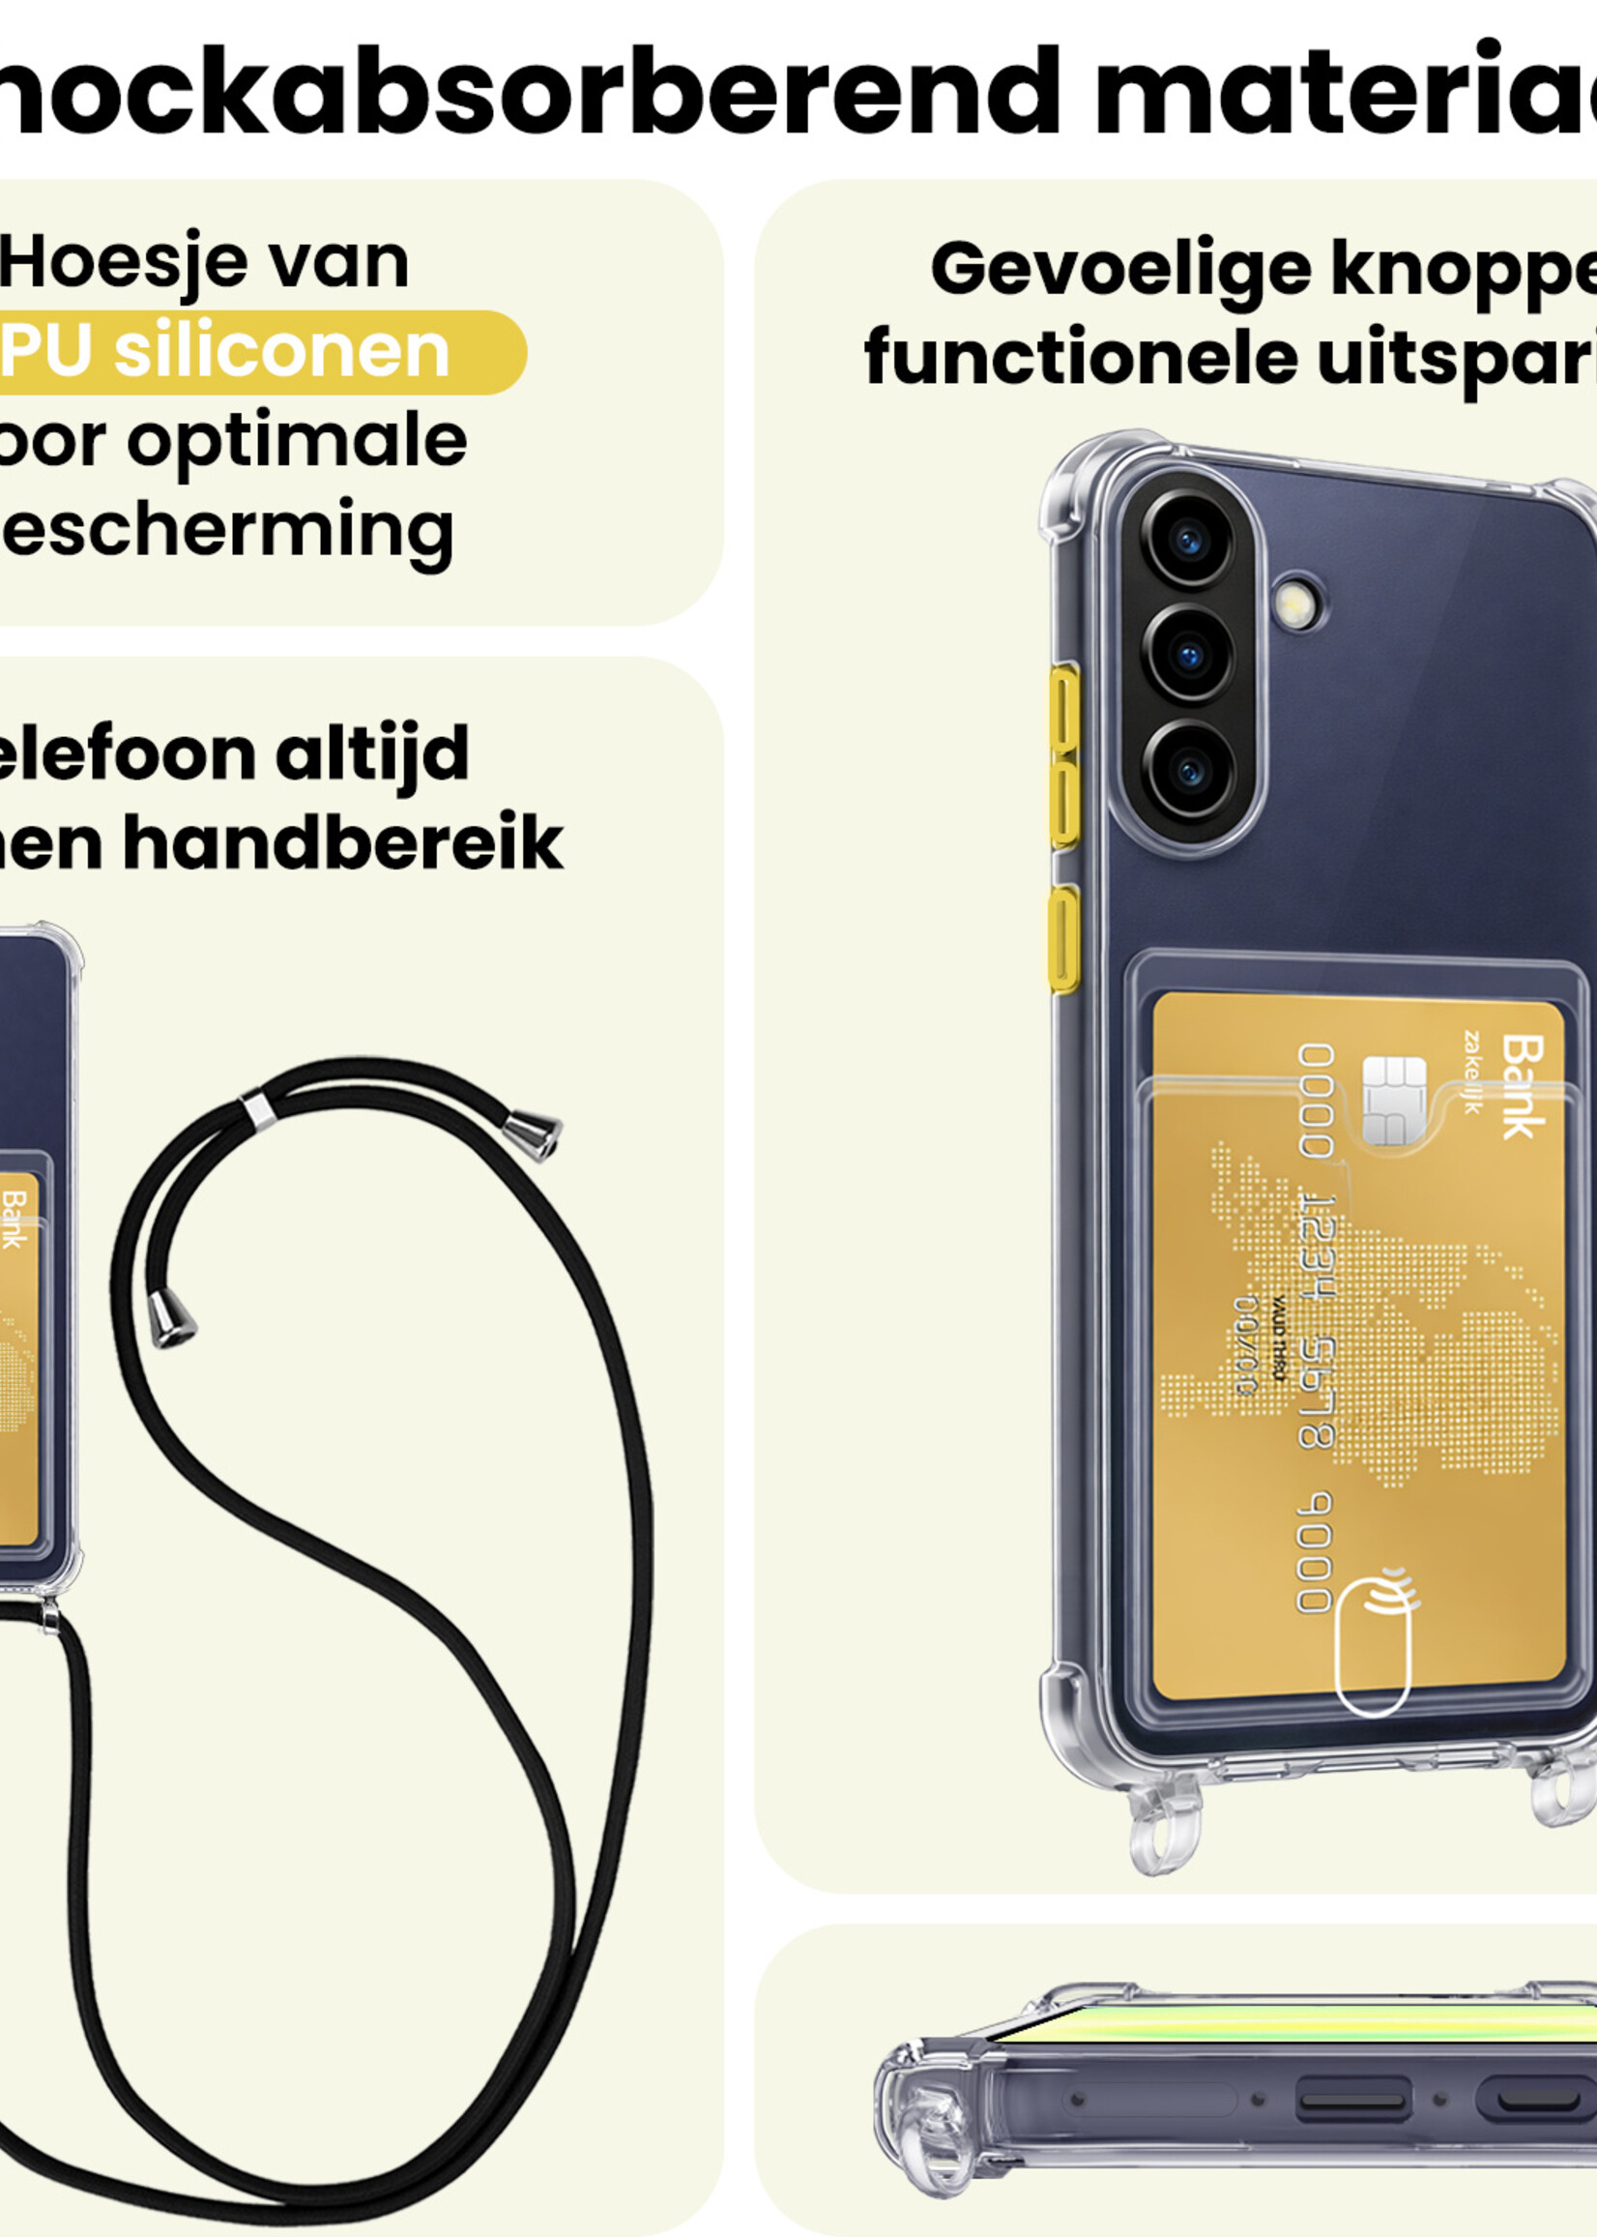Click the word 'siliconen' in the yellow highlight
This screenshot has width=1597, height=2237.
pos(281,351)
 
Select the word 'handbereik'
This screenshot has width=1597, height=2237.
pos(342,843)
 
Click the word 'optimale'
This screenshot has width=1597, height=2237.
pos(296,443)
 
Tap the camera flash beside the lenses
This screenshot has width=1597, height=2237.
pos(1297,604)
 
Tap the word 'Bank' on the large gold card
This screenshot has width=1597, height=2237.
pos(1523,1086)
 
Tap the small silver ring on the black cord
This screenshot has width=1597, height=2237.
pos(259,1108)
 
